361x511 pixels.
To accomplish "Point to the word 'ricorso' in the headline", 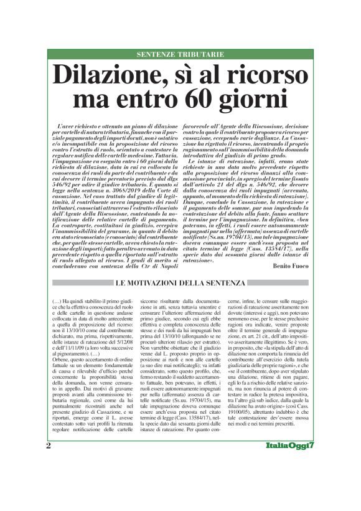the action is (266, 75).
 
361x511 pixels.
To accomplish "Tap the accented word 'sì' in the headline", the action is (185, 75).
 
